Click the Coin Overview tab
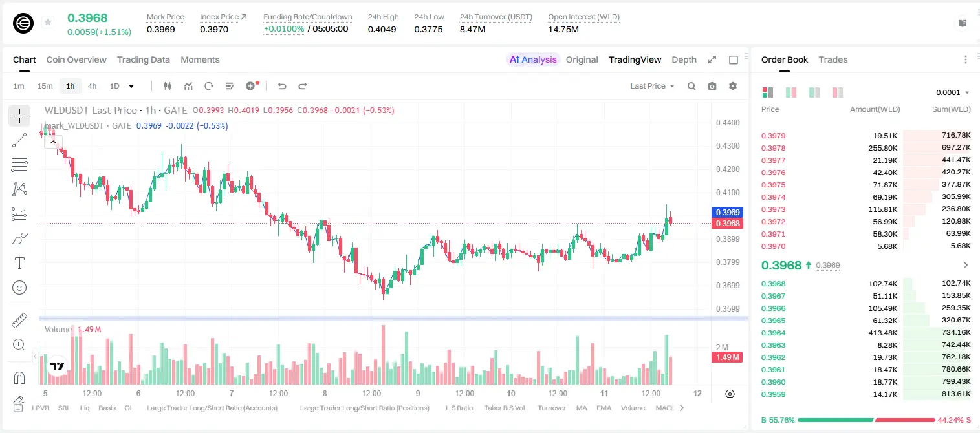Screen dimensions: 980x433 [76, 59]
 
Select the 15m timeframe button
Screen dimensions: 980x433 [45, 86]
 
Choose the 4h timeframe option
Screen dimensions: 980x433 [92, 86]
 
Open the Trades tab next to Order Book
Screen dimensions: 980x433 [833, 59]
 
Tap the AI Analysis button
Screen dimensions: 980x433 [533, 59]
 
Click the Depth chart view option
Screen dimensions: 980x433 [684, 59]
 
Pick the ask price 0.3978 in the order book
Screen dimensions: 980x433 [773, 148]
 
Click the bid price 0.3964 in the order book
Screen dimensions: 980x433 [773, 333]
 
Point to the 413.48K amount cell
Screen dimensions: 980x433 [882, 333]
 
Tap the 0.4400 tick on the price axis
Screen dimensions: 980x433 [728, 123]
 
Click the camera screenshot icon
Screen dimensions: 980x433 [712, 86]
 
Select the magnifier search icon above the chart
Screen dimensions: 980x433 [691, 86]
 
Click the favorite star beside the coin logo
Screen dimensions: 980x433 [48, 22]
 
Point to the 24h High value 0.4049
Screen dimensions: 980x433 [382, 29]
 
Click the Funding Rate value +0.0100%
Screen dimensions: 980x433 [283, 29]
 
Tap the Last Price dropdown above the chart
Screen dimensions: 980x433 [652, 86]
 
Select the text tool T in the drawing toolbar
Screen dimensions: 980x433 [19, 263]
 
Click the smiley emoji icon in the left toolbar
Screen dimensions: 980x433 [19, 288]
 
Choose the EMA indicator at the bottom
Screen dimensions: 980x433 [604, 408]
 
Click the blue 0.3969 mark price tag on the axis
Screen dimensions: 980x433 [727, 213]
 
